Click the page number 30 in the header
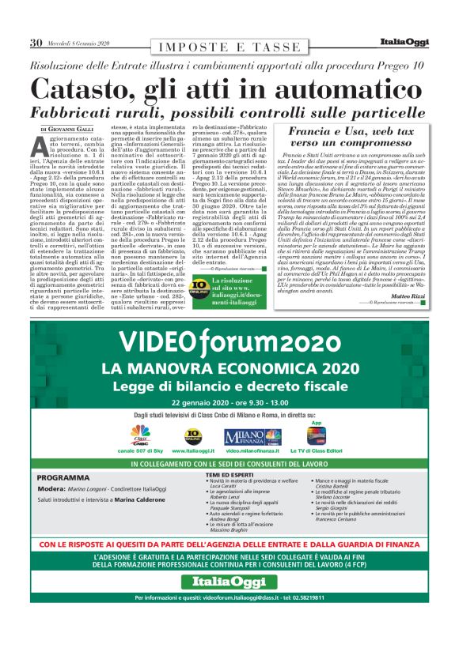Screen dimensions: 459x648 pos(36,43)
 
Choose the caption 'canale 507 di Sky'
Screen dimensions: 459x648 pos(142,450)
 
